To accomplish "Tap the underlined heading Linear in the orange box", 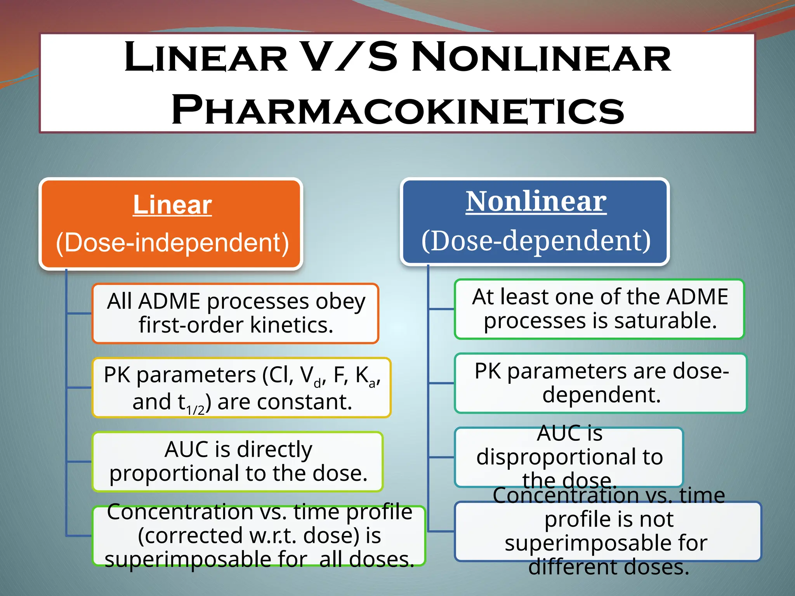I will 172,204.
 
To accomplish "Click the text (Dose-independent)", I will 172,243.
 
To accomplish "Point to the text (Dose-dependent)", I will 536,241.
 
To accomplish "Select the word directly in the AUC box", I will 274,449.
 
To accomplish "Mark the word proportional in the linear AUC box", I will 175,473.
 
